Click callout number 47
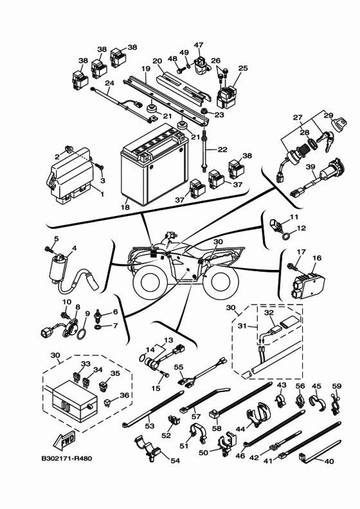tap(199, 45)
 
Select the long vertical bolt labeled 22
tap(204, 154)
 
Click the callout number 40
tap(329, 461)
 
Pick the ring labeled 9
tap(82, 333)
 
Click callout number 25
tap(242, 67)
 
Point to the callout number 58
tap(216, 428)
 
